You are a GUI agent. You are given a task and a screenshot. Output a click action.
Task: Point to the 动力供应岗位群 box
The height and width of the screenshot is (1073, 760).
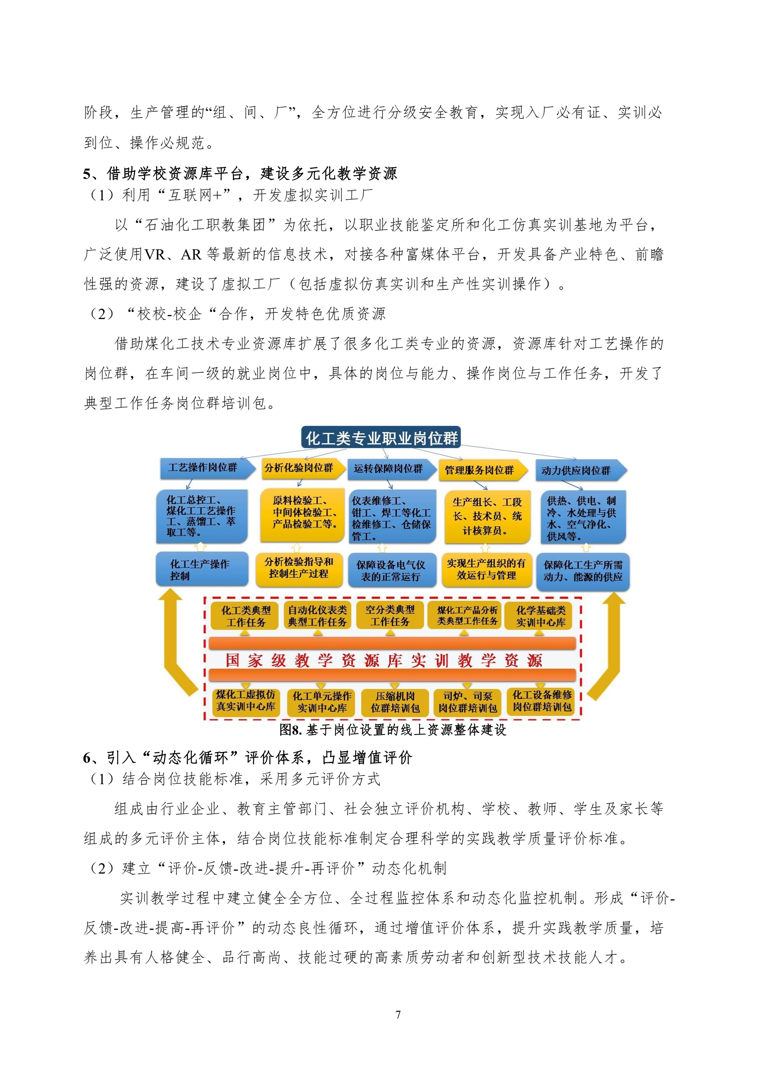pos(581,470)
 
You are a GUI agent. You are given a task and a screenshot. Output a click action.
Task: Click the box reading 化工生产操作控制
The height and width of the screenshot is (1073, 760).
pos(202,569)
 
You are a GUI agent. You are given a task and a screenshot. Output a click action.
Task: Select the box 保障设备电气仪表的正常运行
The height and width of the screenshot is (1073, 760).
pos(392,570)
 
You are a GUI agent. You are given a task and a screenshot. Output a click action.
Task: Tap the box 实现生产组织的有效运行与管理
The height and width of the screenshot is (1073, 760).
pos(487,570)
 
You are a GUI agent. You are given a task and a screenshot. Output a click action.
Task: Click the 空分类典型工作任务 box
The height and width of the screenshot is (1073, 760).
pos(390,615)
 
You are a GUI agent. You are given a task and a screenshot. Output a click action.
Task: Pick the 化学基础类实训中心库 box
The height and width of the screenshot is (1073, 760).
pos(540,616)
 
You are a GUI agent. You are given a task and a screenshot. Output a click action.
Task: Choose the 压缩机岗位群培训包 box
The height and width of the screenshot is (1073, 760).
pos(396,702)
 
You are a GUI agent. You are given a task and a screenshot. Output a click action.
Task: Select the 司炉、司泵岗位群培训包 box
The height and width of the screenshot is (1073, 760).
pos(468,702)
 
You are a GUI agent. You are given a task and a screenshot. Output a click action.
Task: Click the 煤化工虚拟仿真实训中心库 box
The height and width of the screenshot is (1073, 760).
pos(246,701)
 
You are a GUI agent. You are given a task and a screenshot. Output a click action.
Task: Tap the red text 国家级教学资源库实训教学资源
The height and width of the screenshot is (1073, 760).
pos(384,660)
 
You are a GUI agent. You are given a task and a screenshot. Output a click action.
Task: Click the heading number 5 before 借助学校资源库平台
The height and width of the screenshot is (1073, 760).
pos(87,174)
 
